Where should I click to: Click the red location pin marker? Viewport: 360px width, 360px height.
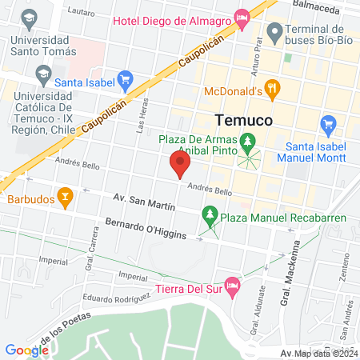180,166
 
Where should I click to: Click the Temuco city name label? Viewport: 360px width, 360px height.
245,120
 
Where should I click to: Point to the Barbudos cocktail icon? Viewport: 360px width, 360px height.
65,194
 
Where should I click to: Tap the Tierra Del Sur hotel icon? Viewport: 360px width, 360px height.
232,286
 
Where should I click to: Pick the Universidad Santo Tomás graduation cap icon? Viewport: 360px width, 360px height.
29,18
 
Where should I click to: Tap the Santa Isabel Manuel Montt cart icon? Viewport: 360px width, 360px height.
326,125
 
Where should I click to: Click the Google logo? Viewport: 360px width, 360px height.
26,350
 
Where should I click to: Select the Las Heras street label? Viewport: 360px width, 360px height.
143,120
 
